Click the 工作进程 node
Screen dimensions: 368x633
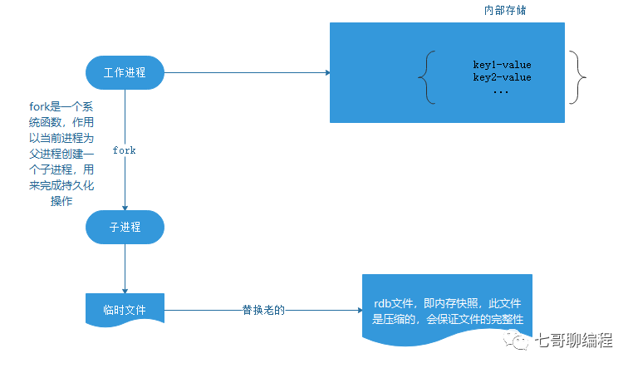coord(125,72)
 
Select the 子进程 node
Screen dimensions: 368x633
coord(125,227)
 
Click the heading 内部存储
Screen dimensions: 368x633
coord(505,11)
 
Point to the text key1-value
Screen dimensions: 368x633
coord(502,64)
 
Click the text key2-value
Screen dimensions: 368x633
coord(502,77)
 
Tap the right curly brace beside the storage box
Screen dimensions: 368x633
coord(579,77)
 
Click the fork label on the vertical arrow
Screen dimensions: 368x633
coord(124,150)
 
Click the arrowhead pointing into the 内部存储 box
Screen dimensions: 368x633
coord(326,73)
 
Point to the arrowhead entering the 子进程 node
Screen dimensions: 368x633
coord(125,208)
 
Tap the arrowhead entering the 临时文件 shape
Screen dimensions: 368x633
coord(125,290)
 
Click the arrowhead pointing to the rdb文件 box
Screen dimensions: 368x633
coord(358,312)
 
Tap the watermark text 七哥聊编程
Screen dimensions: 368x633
coord(574,341)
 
